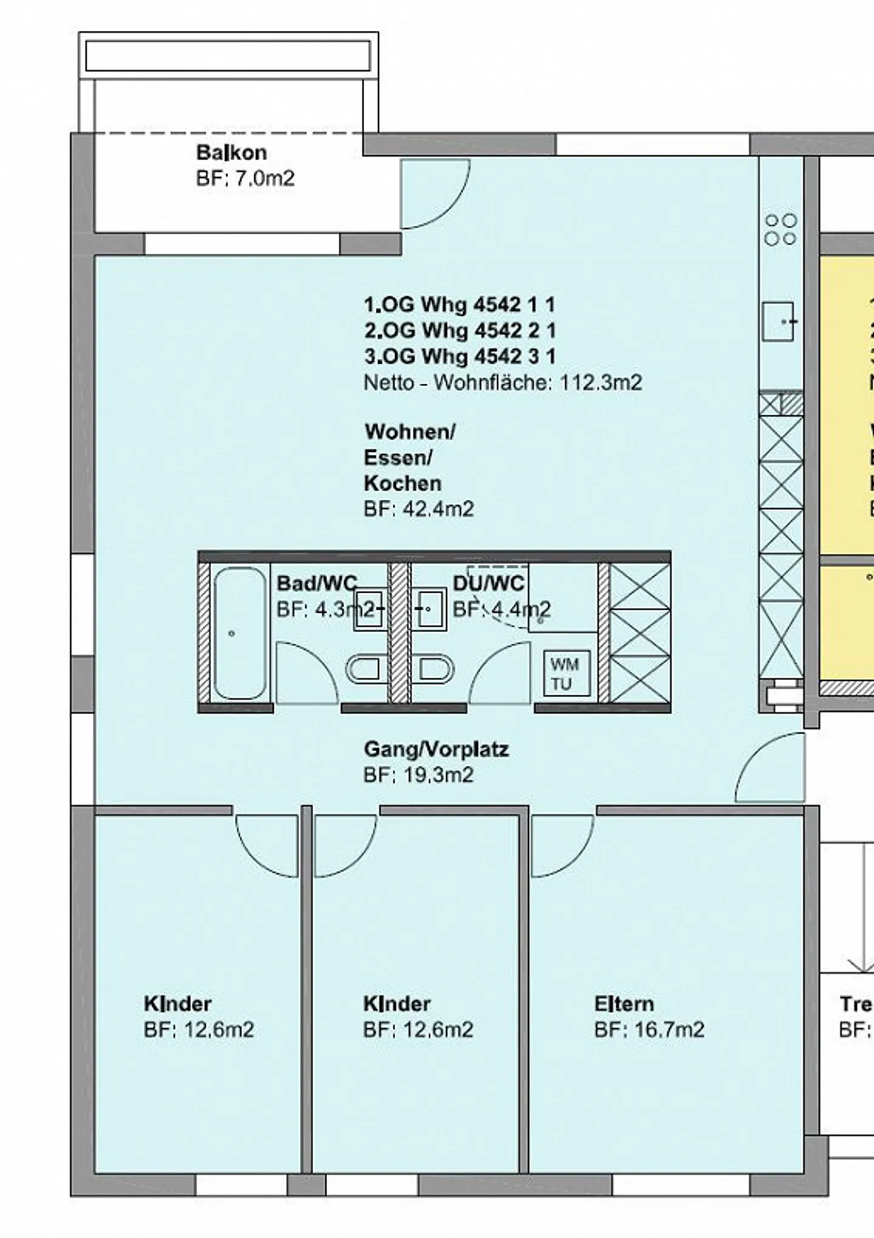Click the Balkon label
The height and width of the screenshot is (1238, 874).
point(231,152)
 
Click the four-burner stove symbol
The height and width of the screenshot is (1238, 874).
point(781,230)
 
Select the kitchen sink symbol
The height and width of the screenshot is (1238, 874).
point(778,322)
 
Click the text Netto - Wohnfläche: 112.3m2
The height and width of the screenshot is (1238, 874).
point(503,383)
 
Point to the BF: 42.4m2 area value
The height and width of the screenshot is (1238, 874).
point(419,509)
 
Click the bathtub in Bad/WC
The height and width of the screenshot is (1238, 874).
point(240,633)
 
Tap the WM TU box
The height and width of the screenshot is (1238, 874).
point(566,673)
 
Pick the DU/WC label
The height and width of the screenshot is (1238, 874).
point(489,583)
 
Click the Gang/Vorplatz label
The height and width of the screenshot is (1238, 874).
point(436,749)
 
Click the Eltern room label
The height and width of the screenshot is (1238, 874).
point(624,1004)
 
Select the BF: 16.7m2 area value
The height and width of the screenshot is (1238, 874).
point(649,1030)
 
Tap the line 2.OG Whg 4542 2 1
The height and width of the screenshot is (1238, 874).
point(459,330)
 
